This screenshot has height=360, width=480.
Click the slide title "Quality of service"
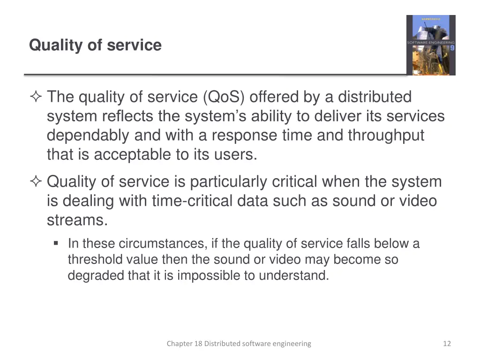95,45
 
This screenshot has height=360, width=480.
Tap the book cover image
431,45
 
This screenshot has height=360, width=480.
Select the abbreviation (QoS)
224,97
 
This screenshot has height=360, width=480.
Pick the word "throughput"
385,135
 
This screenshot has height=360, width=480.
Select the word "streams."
77,220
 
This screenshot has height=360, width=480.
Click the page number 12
447,344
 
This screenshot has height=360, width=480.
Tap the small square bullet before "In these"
56,243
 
